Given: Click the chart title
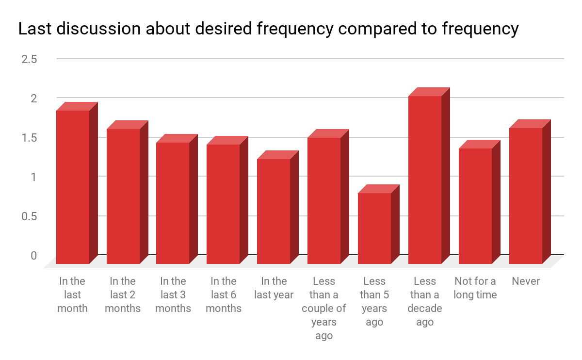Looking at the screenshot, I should tap(268, 29).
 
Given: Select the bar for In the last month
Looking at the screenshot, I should tap(73, 187).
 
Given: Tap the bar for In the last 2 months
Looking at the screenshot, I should tap(123, 196).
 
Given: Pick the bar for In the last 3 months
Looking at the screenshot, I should tap(173, 203).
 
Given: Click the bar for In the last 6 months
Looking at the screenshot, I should tap(223, 204).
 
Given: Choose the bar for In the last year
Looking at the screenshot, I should tap(274, 211).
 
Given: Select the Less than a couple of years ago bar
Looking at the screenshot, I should tap(324, 200).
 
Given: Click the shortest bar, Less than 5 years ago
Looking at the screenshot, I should tap(374, 228).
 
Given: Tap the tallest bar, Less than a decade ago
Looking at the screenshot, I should tap(425, 180).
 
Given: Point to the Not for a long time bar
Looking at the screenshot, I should tap(475, 206).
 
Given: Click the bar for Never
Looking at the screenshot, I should tap(526, 196).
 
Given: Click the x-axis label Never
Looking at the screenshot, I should tap(526, 281).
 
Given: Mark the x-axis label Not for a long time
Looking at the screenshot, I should tap(475, 288).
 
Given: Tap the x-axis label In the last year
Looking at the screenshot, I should tap(274, 288).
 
